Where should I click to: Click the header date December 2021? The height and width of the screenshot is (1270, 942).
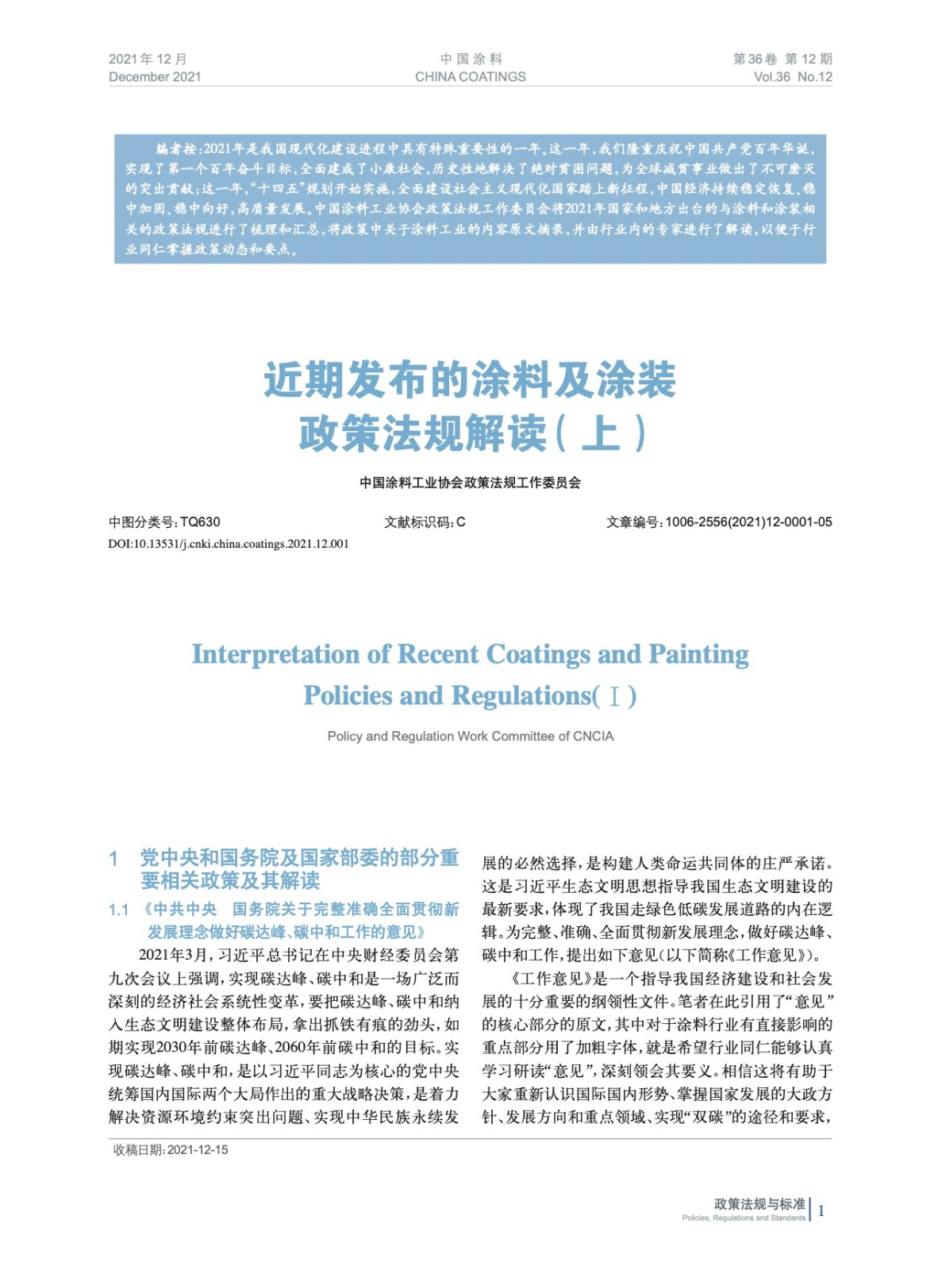[x=155, y=77]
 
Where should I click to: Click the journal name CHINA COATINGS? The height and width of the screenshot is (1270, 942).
[x=470, y=77]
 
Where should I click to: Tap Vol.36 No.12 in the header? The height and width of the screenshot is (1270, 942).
[x=792, y=77]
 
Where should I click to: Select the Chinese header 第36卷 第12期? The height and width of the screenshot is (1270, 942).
[x=782, y=59]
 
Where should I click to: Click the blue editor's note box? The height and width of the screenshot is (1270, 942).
[x=470, y=198]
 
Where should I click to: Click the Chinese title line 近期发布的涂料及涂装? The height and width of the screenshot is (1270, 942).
[x=470, y=379]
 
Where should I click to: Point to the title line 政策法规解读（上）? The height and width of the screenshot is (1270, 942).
[x=471, y=433]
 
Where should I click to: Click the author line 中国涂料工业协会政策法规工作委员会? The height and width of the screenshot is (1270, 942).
[x=470, y=483]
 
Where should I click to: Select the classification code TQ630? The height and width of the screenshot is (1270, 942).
[x=200, y=522]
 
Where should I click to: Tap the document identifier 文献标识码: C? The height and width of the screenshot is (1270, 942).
[x=425, y=522]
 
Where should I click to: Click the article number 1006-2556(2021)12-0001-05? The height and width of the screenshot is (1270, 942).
[x=748, y=522]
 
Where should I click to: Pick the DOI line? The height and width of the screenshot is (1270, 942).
[x=229, y=544]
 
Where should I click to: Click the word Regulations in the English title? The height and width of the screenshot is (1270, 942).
[x=521, y=696]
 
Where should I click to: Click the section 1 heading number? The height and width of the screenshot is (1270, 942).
[x=114, y=859]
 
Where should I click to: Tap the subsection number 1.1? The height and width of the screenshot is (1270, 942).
[x=118, y=910]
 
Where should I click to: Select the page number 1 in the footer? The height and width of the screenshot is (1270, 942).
[x=821, y=1211]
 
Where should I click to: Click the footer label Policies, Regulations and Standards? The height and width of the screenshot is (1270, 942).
[x=744, y=1218]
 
